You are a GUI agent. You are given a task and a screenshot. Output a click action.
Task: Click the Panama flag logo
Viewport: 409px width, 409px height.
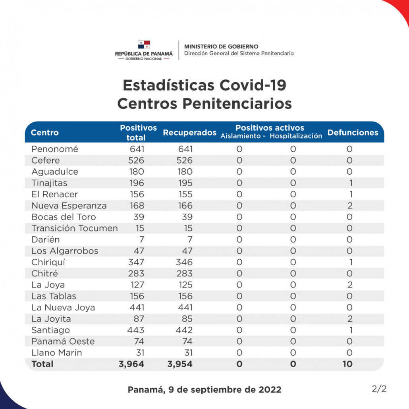(144, 44)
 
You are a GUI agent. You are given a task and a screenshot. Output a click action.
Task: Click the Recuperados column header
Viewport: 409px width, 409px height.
(190, 133)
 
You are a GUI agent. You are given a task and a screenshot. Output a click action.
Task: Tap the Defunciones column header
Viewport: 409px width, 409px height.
(353, 133)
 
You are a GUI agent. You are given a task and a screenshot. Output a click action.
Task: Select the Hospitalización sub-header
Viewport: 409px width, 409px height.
(296, 136)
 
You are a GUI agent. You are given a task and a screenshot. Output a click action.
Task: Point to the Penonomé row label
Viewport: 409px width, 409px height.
(55, 149)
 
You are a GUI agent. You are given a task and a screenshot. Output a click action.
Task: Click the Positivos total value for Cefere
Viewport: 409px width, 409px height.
(136, 160)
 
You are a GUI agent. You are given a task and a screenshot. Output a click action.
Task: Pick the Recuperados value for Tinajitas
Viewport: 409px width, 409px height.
(185, 183)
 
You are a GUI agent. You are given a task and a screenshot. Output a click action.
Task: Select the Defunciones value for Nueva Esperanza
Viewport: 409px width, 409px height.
(350, 206)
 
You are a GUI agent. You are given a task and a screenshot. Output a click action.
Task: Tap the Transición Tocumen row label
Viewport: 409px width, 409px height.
(75, 228)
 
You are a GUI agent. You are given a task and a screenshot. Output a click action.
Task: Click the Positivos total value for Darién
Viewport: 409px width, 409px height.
(142, 239)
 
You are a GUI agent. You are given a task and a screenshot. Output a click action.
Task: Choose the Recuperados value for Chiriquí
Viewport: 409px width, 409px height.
(184, 262)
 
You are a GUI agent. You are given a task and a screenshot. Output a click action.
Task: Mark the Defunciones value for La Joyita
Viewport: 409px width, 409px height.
(350, 319)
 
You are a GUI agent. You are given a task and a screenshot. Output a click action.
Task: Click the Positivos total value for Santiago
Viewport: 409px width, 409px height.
(136, 330)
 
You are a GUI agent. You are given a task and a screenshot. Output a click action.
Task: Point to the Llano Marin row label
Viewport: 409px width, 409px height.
(57, 353)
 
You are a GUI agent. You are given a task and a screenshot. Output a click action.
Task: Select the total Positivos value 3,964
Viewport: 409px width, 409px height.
(131, 364)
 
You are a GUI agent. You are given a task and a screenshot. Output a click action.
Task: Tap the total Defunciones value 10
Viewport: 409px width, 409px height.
(348, 364)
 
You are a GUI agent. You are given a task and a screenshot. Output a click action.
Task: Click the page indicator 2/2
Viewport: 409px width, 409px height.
(379, 389)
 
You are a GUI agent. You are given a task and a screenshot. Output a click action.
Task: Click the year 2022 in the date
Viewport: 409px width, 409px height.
(270, 390)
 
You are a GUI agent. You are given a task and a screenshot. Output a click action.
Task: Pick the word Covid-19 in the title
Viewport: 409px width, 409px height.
(253, 85)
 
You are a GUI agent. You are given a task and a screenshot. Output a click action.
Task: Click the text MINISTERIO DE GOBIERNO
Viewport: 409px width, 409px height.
(221, 46)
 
